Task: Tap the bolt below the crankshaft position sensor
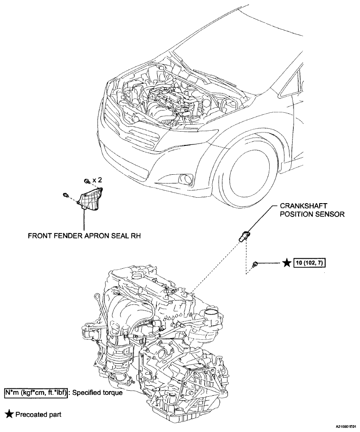[255, 264]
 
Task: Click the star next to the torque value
[287, 263]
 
